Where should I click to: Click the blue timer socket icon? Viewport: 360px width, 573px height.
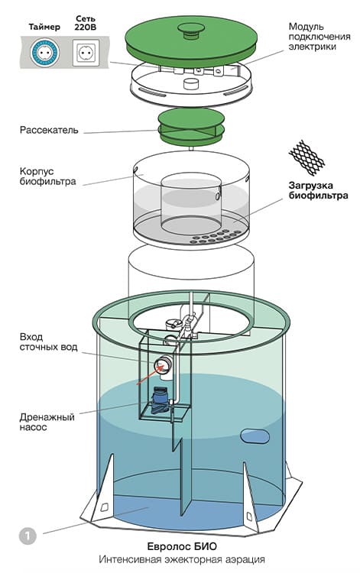coord(44,53)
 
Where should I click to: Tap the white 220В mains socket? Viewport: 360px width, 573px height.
coord(86,53)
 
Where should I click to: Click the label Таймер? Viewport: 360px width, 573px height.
coord(44,27)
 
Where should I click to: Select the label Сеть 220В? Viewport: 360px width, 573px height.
coord(86,23)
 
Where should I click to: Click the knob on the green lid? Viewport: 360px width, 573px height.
coord(191,31)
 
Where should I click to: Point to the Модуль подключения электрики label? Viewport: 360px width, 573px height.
coord(319,37)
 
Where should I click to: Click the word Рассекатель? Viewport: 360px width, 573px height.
coord(49,130)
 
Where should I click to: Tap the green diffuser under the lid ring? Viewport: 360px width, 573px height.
coord(191,127)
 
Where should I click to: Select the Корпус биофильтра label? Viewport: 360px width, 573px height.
coord(48,176)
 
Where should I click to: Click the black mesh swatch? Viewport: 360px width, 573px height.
coord(306,157)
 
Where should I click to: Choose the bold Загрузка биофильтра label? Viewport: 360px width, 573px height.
coord(318,190)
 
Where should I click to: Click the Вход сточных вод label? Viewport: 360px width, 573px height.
coord(48,342)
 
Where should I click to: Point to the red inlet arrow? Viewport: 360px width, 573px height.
coord(151,375)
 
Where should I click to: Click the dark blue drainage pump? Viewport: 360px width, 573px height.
coord(160,400)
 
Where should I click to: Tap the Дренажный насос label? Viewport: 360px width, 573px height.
coord(47,422)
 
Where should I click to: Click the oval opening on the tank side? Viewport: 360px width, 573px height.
coord(255,436)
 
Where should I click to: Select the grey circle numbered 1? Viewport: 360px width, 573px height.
coord(28,536)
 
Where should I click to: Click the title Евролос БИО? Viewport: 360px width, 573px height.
coord(182,546)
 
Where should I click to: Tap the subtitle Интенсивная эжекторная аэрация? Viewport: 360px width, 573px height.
coord(182,559)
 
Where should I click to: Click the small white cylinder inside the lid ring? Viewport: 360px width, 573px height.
coord(190,83)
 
